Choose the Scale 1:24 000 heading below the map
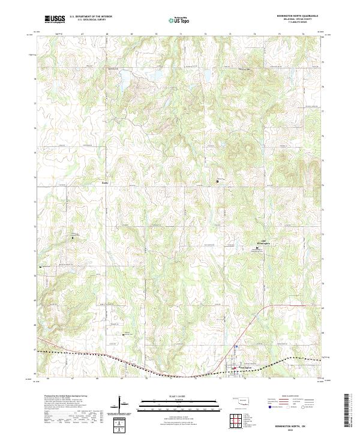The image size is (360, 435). tap(180, 395)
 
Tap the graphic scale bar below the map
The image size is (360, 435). tap(180, 403)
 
